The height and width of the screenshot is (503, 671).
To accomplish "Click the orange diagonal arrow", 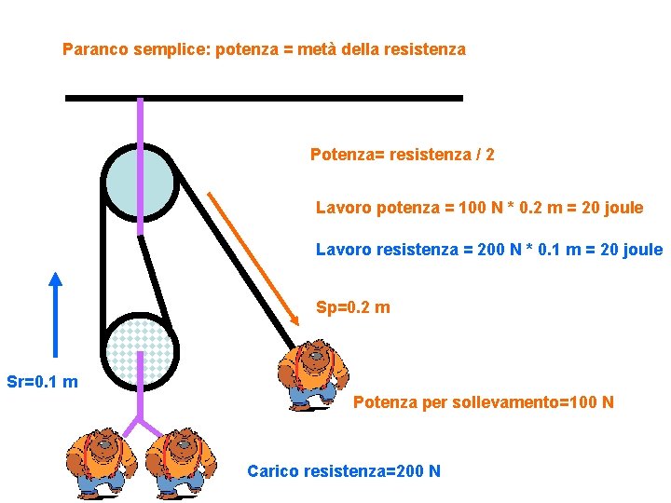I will (x=253, y=258).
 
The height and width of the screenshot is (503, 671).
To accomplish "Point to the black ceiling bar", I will (x=264, y=97).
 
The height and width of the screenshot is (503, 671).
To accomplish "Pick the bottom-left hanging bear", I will (x=100, y=461).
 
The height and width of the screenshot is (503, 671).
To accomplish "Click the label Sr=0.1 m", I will (x=42, y=382).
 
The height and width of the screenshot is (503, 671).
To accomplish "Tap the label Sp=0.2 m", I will (x=352, y=307).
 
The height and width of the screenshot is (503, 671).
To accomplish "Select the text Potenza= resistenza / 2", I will (x=402, y=155).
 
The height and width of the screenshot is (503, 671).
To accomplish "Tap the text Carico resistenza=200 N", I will (x=343, y=471).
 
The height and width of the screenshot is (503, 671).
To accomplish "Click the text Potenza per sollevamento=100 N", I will (x=483, y=403).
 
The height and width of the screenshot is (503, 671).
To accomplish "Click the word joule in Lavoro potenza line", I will (x=623, y=208).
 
